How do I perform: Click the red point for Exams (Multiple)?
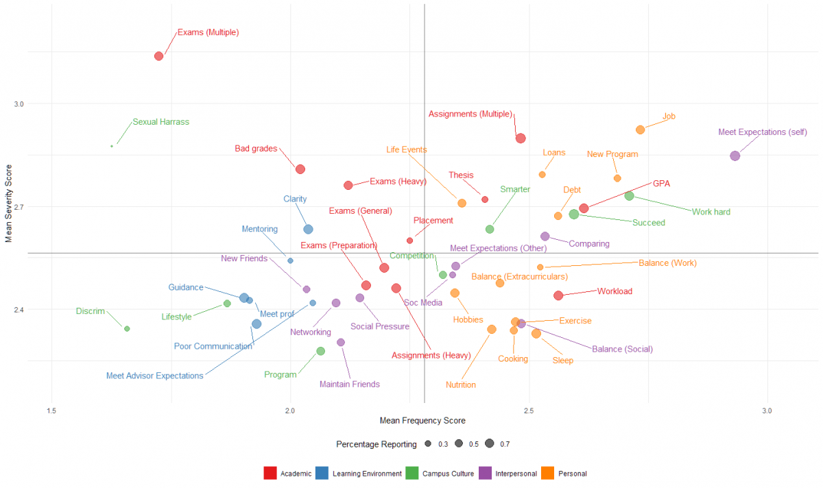pos(158,56)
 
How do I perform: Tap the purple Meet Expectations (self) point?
pos(735,156)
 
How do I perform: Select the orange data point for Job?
pos(640,130)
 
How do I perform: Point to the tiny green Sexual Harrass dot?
pos(112,146)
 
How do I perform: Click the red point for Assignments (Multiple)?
pos(521,138)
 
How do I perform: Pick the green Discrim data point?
pos(127,329)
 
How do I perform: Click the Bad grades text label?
pos(256,148)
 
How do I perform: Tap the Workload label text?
pos(615,291)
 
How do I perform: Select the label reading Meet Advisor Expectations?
pos(154,376)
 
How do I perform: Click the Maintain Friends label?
pos(349,385)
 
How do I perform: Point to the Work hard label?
pos(711,212)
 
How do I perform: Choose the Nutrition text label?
pos(460,385)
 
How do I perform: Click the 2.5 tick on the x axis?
pos(528,412)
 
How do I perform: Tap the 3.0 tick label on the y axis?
pos(19,104)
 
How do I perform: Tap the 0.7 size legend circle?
pos(489,444)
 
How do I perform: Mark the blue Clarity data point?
pos(308,229)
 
